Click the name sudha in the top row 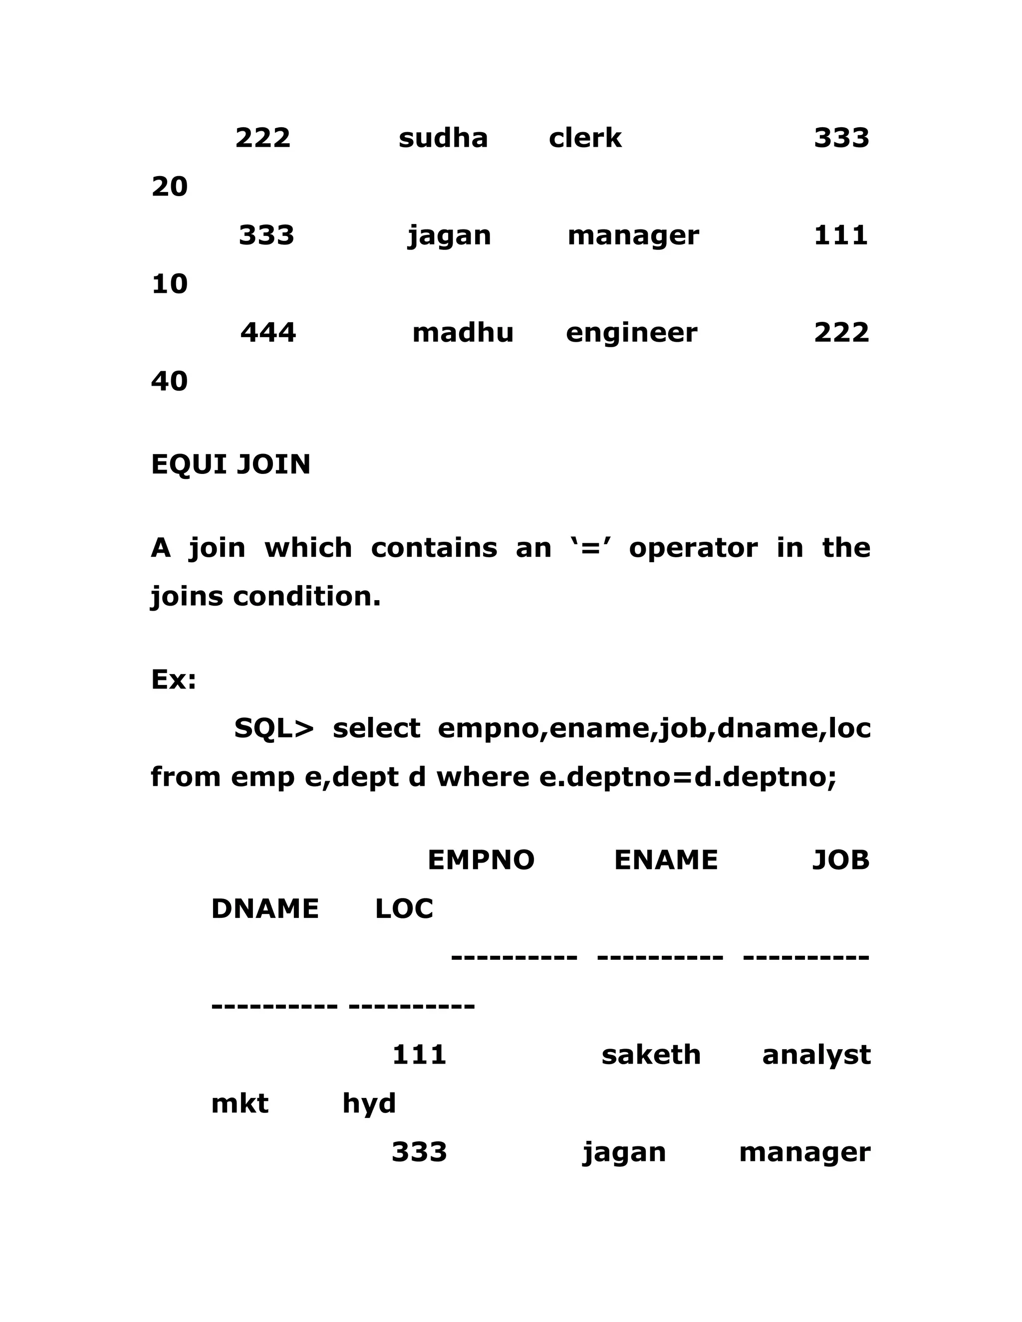pos(443,138)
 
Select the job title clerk pos(585,138)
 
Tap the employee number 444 pos(268,333)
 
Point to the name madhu pos(463,333)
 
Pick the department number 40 pos(170,381)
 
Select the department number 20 pos(170,187)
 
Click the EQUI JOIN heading pos(231,464)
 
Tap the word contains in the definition pos(434,548)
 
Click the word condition pos(307,597)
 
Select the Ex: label pos(174,680)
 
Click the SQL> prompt pos(273,728)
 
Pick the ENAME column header pos(666,860)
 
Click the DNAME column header pos(264,909)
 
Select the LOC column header pos(404,909)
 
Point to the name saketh pos(651,1055)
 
